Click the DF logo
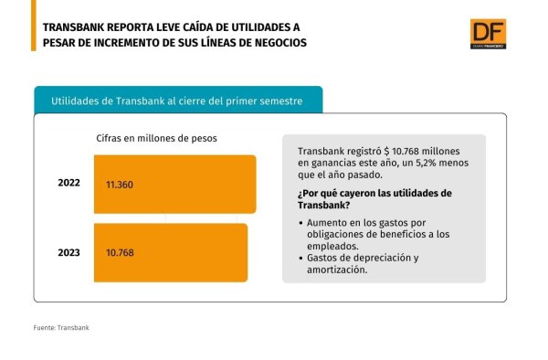[x=488, y=34]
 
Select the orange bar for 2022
[x=175, y=185]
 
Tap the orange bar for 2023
[x=171, y=253]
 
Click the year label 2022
[x=68, y=183]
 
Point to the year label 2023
[x=68, y=253]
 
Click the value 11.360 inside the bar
[x=120, y=185]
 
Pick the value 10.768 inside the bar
[x=120, y=253]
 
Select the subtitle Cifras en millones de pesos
[x=156, y=138]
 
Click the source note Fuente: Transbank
[x=61, y=328]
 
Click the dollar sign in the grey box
[x=386, y=152]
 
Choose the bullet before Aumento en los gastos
[x=300, y=223]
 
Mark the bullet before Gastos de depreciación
[x=300, y=259]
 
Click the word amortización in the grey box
[x=337, y=270]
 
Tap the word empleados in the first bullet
[x=332, y=247]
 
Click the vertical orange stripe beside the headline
[x=34, y=26]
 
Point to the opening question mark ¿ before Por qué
[x=300, y=194]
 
